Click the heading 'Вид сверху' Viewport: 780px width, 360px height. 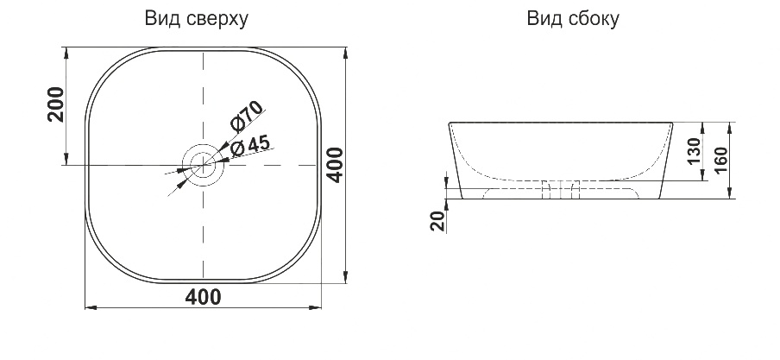[197, 19]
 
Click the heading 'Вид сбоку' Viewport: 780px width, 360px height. [573, 19]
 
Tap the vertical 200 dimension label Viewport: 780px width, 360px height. [56, 104]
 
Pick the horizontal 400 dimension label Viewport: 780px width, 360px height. [203, 297]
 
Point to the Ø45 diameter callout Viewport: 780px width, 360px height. [251, 146]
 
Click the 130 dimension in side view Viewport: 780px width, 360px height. [695, 151]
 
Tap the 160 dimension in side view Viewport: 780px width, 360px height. [722, 161]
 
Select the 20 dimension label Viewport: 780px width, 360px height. [438, 221]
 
